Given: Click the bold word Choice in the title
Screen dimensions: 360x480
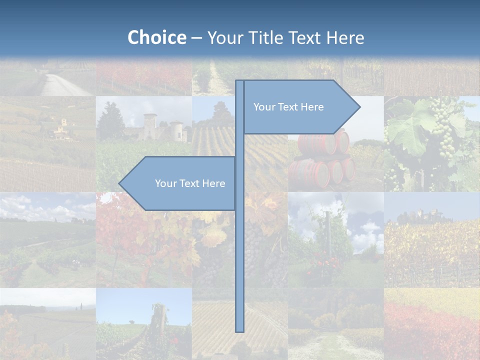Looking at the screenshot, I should [x=156, y=37].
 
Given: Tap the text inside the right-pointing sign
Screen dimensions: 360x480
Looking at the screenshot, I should [x=288, y=107].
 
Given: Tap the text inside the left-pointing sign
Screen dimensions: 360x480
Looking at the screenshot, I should [x=190, y=183].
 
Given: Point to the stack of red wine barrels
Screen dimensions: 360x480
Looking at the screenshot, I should [x=322, y=157].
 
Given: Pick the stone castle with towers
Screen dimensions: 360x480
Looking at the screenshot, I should [x=157, y=127].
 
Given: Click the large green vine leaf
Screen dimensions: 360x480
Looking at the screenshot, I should [x=407, y=130].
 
